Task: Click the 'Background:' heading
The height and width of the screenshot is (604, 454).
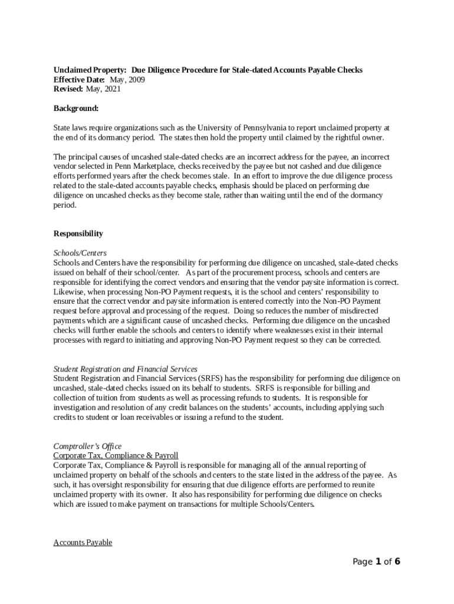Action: coord(76,109)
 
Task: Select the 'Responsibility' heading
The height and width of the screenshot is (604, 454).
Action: coord(78,234)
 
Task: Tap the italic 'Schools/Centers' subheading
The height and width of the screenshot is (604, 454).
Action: coord(80,253)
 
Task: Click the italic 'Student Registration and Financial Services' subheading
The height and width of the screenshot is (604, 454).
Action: coord(126,369)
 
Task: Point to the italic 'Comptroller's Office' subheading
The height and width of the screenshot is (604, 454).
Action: coord(87,446)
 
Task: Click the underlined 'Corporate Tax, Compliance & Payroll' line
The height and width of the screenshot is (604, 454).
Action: coord(116,455)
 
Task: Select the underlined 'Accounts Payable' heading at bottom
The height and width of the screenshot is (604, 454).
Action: coord(83,542)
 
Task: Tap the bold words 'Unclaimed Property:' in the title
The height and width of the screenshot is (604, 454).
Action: coord(90,70)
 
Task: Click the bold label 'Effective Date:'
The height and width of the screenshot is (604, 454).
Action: coord(80,80)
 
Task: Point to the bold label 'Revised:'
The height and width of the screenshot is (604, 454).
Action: coord(68,89)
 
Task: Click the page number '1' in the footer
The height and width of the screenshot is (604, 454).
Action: coord(377,562)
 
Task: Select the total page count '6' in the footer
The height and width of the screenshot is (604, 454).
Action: coord(397,562)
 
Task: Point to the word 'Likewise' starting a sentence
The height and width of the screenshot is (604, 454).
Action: coord(68,291)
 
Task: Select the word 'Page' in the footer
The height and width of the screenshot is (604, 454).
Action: coord(363,562)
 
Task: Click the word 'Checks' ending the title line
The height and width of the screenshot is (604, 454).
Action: coord(350,70)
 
